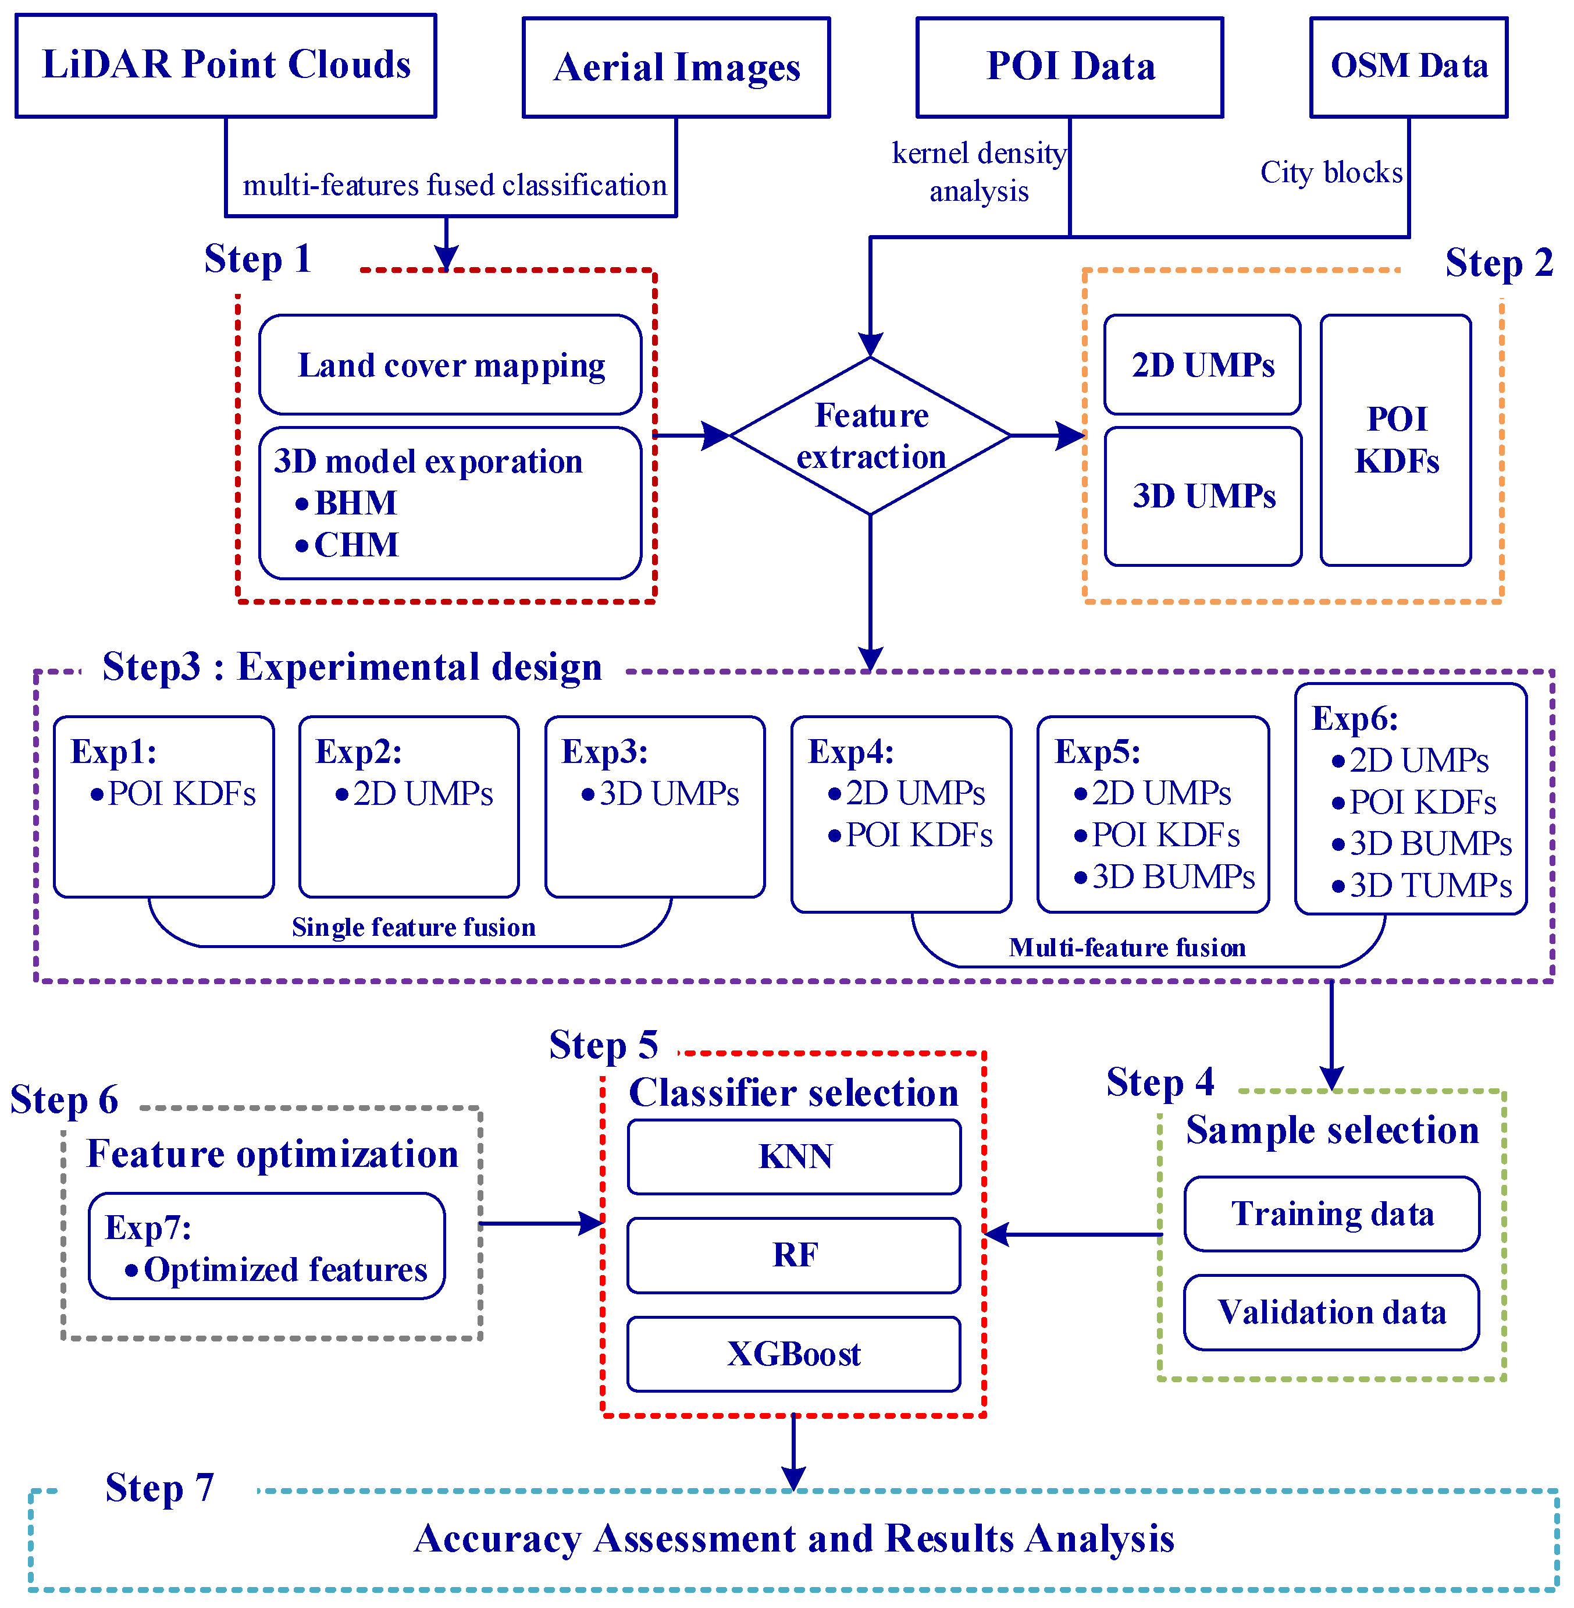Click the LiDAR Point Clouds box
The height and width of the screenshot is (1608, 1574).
tap(226, 65)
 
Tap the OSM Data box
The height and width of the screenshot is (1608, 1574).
tap(1409, 66)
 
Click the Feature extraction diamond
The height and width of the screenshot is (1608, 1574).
tap(871, 436)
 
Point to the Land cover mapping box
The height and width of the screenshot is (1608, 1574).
tap(451, 365)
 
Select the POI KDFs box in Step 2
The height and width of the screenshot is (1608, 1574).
tap(1395, 440)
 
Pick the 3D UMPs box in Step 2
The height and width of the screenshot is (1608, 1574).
tap(1203, 496)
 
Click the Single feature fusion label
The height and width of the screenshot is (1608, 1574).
tap(414, 927)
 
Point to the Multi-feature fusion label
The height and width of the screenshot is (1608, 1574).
tap(1127, 947)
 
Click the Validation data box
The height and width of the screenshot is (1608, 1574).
tap(1331, 1313)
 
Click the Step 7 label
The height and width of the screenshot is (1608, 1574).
tap(159, 1488)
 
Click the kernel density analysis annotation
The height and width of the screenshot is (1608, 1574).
tap(979, 172)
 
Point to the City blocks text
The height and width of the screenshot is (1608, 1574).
tap(1331, 173)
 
